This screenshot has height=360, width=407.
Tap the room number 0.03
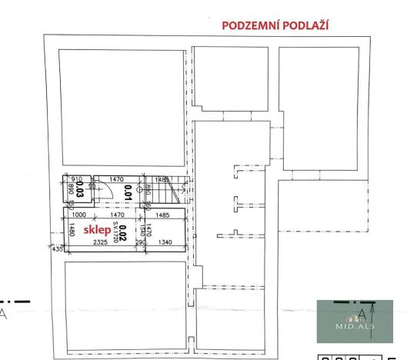click(79, 190)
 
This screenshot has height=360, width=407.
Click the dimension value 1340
click(165, 244)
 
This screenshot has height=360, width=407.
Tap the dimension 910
click(75, 179)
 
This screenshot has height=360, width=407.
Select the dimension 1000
click(78, 216)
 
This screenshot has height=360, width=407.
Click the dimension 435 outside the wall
click(56, 248)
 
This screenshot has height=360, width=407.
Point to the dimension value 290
click(142, 244)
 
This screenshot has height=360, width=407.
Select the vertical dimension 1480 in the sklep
click(70, 229)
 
